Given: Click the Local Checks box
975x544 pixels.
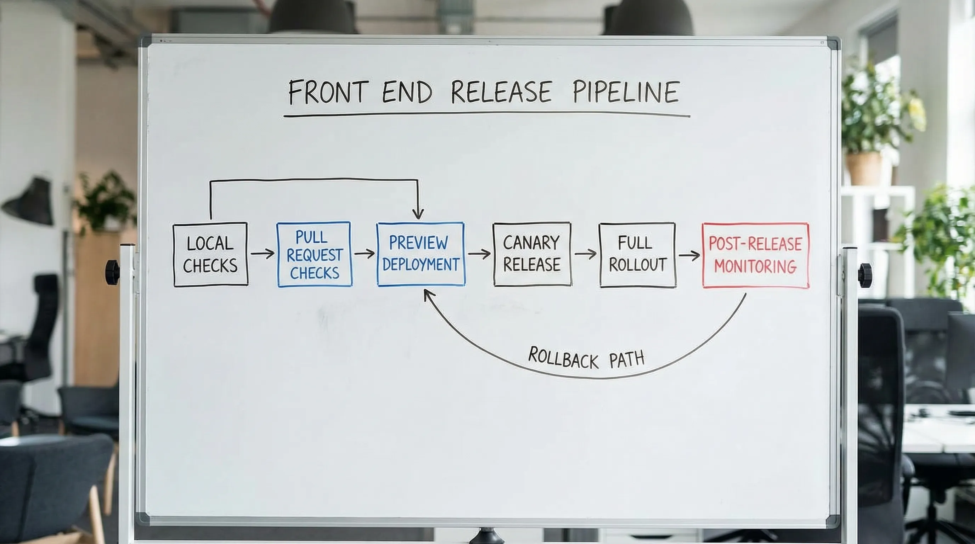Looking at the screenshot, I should tap(210, 255).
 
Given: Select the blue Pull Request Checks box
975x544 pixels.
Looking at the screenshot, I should tap(314, 255).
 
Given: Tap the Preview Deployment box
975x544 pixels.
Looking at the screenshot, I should tap(421, 254).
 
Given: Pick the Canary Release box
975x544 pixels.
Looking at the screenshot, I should tap(532, 254).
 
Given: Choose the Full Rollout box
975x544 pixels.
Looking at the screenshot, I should tap(637, 255).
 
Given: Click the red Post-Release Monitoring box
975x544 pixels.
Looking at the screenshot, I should tap(755, 255).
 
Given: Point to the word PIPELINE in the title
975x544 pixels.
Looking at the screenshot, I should tap(625, 92).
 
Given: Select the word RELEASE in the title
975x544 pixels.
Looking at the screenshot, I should tap(501, 92).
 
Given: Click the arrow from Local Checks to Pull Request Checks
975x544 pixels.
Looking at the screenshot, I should tap(262, 254).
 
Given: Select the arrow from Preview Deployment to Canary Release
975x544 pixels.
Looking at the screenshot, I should tap(479, 254).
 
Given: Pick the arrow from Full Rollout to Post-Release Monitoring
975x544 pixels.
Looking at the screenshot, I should tap(689, 255).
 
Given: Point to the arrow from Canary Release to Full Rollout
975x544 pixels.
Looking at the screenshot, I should tap(585, 254).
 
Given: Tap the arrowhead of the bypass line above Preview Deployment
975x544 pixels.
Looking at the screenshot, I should tap(418, 215).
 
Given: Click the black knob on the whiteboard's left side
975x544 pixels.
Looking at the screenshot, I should tap(112, 272).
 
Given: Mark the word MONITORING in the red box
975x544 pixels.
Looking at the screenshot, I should tap(755, 267).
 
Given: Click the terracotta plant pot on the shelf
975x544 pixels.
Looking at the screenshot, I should tap(864, 168).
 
